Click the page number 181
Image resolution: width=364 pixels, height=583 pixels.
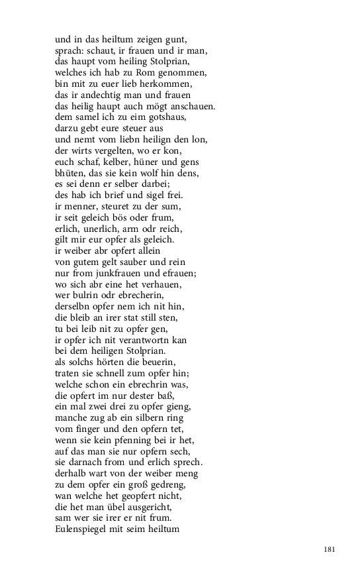[330, 549]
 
